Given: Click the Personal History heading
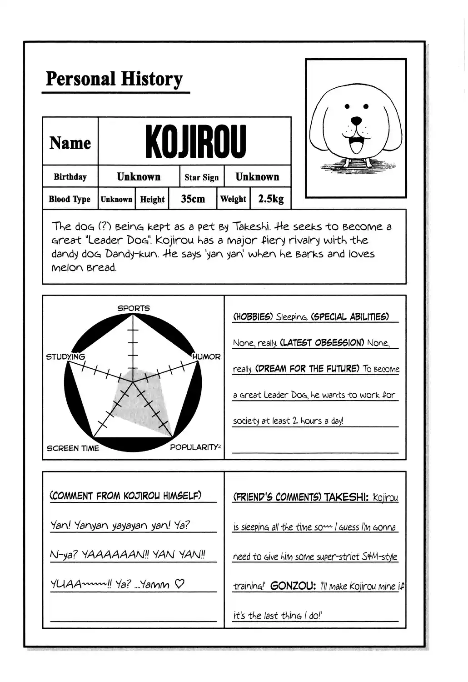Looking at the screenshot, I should coord(114,79).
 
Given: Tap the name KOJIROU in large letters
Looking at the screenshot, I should coord(195,141).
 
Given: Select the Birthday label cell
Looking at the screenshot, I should coord(70,177).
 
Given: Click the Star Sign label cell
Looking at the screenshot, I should coord(201,177).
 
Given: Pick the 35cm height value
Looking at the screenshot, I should coord(193,199).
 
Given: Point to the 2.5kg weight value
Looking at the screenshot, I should coord(271,199).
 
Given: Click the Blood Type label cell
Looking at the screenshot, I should coord(70,199).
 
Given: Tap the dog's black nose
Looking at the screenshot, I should coord(357,121).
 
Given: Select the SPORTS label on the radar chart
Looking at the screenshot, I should coord(133,308).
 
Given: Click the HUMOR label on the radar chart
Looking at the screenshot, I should coord(206,357).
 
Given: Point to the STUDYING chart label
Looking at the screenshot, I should coord(65,357).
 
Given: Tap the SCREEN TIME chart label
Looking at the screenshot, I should coord(73,448).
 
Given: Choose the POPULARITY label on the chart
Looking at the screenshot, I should coord(194,447).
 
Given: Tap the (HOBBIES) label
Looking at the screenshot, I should coord(252,317).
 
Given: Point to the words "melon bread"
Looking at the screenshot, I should coord(84,267).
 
